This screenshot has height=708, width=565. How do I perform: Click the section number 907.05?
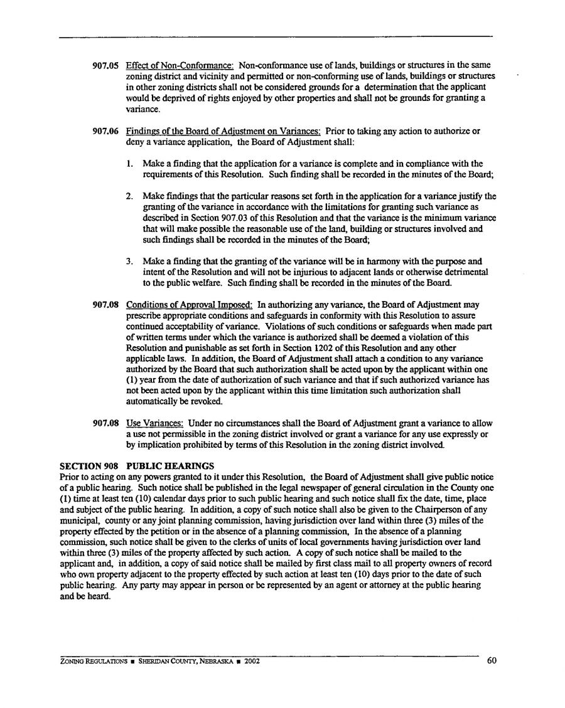coord(106,66)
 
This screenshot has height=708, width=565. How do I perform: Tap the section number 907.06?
coord(106,132)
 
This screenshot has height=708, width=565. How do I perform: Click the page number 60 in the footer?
coord(492,660)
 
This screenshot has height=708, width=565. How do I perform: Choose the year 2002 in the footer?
coord(252,661)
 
